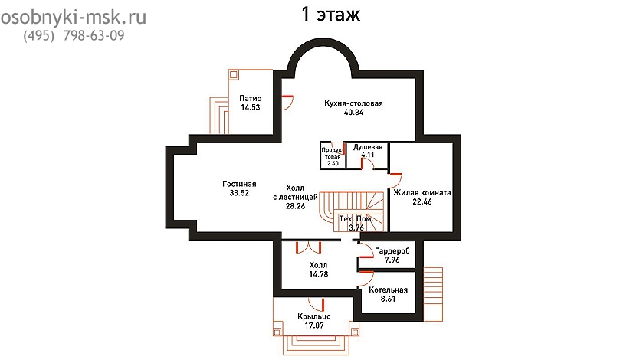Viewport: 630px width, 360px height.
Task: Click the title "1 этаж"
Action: click(330, 15)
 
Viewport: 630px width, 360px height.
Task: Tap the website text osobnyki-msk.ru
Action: click(73, 18)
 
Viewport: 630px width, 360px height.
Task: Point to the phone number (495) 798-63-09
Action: click(74, 36)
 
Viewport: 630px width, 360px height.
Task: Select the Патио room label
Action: click(251, 98)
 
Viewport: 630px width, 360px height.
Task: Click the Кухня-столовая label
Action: click(353, 103)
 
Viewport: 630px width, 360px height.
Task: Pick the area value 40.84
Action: click(353, 113)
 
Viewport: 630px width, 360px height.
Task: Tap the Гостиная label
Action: click(239, 184)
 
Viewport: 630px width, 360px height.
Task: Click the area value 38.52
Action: click(239, 193)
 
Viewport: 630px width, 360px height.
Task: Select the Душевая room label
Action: click(368, 147)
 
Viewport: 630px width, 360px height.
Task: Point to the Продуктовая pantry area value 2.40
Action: click(333, 163)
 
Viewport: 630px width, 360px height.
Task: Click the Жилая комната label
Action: click(422, 193)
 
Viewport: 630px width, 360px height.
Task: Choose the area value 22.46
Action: click(422, 202)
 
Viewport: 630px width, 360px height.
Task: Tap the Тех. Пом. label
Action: click(356, 219)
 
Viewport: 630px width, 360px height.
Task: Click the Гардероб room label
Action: click(392, 251)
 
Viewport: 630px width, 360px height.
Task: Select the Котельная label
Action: click(388, 290)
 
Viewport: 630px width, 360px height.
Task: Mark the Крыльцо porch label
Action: click(314, 316)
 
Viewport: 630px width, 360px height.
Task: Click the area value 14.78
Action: click(319, 274)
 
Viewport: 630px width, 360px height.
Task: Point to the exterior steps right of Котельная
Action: click(433, 295)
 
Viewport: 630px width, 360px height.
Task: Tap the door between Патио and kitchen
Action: click(287, 103)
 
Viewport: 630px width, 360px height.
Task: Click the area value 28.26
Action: click(295, 206)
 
